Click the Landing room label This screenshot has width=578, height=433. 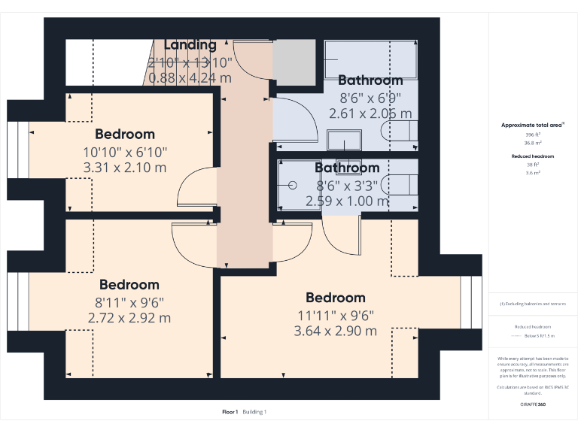190,45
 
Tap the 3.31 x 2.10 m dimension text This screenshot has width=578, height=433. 124,168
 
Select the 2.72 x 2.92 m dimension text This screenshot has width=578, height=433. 129,318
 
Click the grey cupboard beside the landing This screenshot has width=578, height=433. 293,62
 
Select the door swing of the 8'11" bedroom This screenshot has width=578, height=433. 193,244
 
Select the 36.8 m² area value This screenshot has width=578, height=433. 533,142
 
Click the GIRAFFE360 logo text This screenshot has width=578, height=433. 533,404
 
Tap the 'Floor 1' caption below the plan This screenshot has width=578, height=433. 230,411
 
